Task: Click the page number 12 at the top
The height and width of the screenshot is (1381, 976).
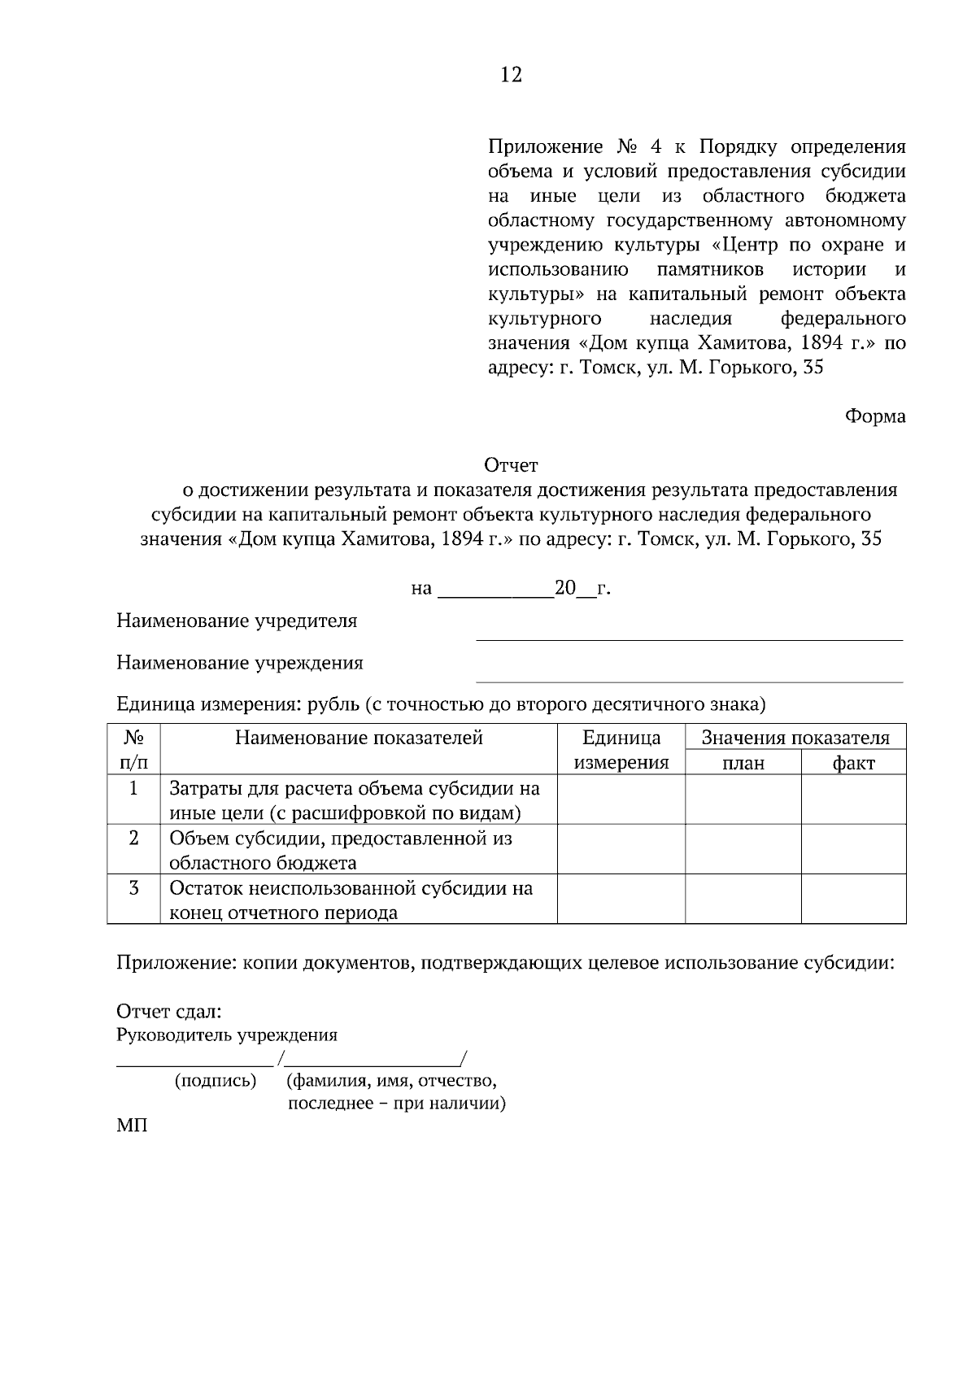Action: (x=511, y=76)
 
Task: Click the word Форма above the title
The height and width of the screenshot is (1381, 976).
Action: (x=874, y=416)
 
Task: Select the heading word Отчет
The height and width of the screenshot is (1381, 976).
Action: (x=511, y=465)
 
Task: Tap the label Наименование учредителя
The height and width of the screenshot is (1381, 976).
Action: (x=237, y=621)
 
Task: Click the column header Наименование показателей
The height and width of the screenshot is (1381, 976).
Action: (x=359, y=738)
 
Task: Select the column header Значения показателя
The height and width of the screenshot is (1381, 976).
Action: (x=795, y=738)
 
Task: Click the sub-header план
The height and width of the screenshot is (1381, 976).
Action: (x=743, y=763)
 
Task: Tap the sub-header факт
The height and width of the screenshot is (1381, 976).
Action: (x=853, y=763)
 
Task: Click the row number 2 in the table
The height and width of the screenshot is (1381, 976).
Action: (x=133, y=839)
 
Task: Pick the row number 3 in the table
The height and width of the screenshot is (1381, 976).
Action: (x=133, y=888)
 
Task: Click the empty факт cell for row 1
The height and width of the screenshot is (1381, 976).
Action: (x=853, y=799)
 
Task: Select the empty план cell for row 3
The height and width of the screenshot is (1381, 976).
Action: (x=743, y=899)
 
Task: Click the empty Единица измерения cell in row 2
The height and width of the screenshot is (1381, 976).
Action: (x=621, y=849)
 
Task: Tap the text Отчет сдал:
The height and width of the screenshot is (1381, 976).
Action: (x=169, y=1012)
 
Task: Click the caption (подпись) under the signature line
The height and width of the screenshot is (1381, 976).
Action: (x=216, y=1081)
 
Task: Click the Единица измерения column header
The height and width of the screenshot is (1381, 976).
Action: (x=621, y=750)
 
